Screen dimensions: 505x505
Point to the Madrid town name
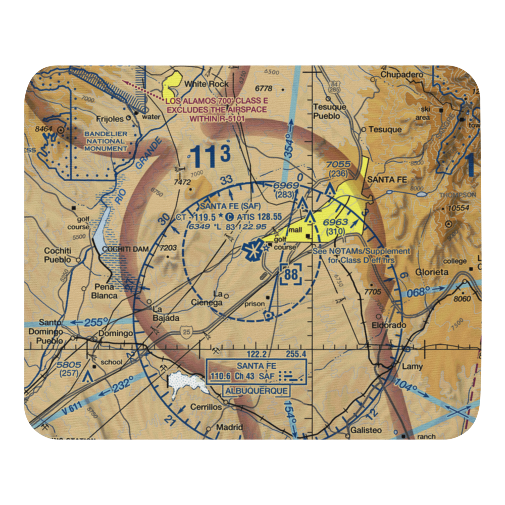[229, 427]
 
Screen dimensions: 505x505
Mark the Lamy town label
[412, 367]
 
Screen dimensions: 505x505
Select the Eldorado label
[389, 326]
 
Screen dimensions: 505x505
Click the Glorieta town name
[432, 272]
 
